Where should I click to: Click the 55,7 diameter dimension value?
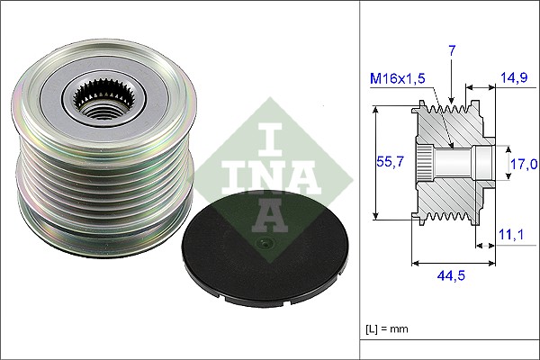pyautogui.click(x=390, y=162)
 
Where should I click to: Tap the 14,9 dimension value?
pyautogui.click(x=515, y=77)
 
